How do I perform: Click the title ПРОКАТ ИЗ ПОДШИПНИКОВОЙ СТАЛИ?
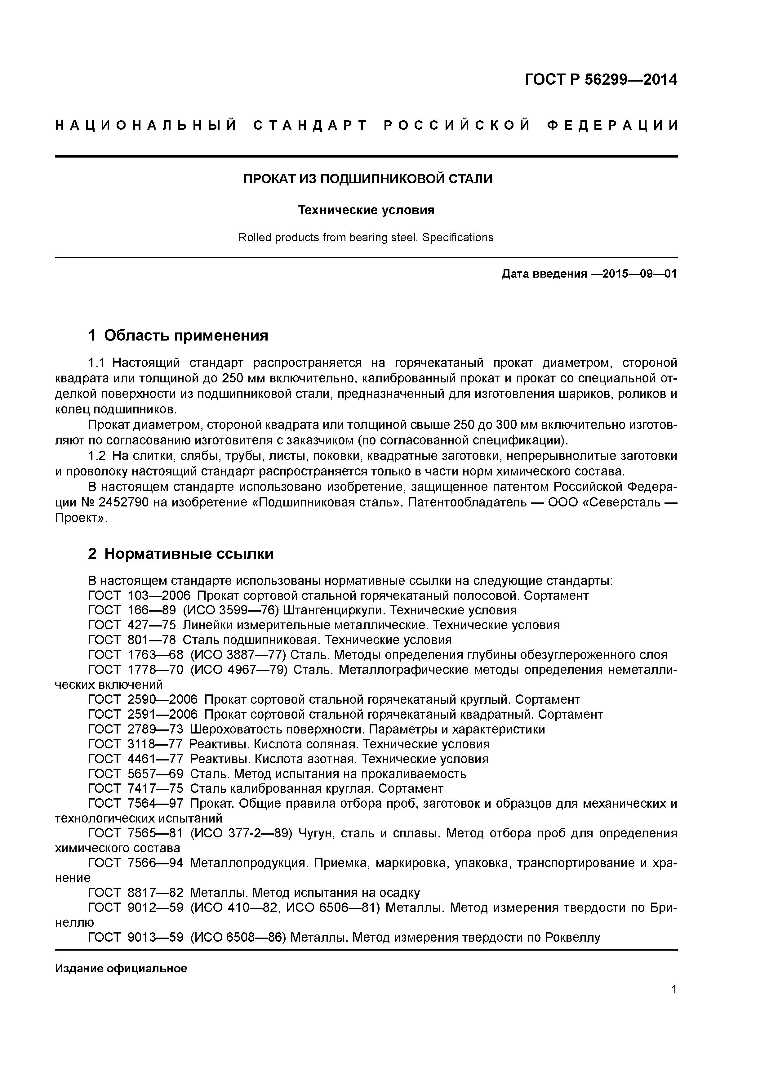368,179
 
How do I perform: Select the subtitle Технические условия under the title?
366,210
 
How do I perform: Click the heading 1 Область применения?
178,336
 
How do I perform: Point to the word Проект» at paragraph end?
82,518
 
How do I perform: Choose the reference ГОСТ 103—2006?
139,596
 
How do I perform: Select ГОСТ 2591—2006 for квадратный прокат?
143,715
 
